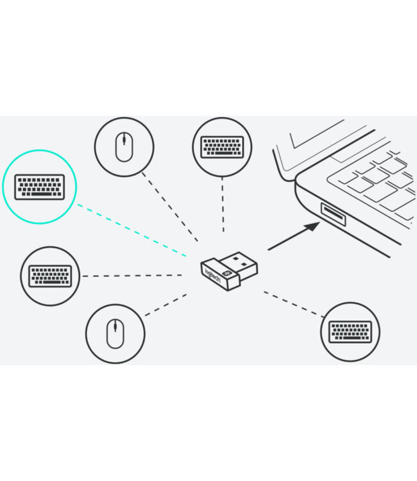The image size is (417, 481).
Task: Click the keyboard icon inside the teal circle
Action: tap(40, 186)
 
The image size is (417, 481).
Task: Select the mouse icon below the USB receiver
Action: tap(115, 333)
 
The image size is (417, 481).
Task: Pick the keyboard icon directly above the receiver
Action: tap(222, 147)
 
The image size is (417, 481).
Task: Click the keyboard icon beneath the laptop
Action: tap(350, 332)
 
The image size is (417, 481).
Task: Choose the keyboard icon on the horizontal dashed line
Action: tap(50, 276)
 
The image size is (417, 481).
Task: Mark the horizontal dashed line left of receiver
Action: tap(133, 276)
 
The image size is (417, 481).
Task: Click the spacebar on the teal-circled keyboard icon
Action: tap(40, 194)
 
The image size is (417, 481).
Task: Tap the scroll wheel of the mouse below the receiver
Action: tap(115, 328)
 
